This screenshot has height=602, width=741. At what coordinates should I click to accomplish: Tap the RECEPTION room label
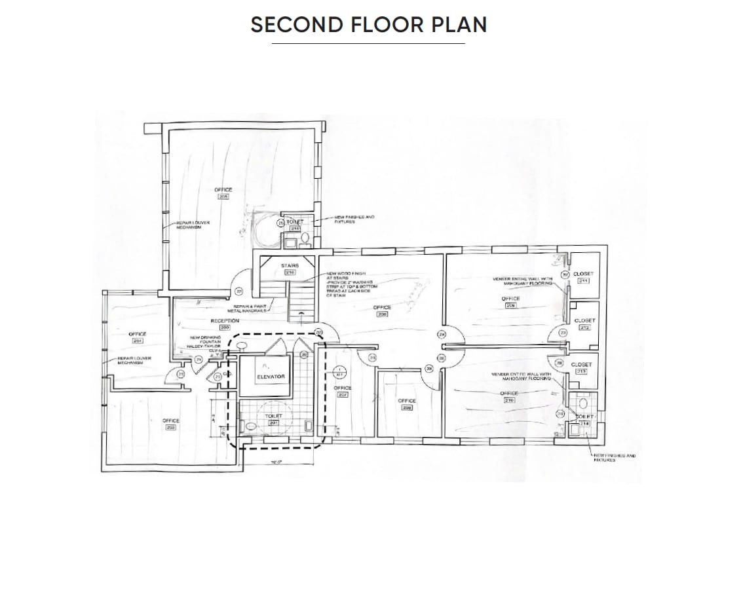[225, 320]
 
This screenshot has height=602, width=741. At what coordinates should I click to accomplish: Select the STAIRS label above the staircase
[289, 265]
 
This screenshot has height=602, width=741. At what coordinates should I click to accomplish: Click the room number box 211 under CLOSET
[583, 281]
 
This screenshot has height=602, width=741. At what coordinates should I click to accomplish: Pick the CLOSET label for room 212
[584, 320]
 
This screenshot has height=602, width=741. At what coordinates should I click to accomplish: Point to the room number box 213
[581, 371]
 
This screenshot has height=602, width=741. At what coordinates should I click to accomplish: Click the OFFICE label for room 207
[343, 388]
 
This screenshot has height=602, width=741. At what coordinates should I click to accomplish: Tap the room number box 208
[406, 407]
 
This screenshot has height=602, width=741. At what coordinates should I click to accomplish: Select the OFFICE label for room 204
[138, 334]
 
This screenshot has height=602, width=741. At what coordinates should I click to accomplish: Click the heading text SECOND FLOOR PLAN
[369, 25]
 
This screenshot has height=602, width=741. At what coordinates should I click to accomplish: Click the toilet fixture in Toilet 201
[252, 425]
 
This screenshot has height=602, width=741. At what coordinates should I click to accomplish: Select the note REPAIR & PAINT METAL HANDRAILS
[242, 309]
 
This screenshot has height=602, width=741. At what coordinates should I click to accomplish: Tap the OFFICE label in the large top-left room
[223, 190]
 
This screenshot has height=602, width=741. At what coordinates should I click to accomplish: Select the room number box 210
[509, 400]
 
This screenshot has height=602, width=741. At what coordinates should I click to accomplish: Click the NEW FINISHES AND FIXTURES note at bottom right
[614, 457]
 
